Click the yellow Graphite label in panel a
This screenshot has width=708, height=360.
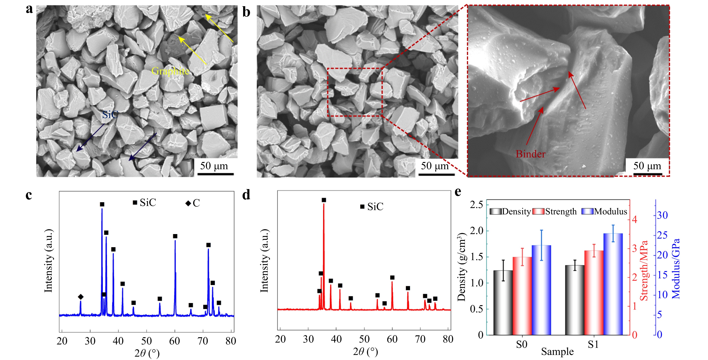(x=170, y=71)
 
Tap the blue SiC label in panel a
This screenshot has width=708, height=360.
(x=110, y=115)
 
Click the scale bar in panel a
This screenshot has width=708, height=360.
(x=215, y=174)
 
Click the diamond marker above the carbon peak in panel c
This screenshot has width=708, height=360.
(x=81, y=297)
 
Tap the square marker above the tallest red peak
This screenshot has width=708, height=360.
(x=324, y=200)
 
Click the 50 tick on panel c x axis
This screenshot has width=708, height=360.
(x=146, y=341)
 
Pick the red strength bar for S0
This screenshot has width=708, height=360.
(x=522, y=296)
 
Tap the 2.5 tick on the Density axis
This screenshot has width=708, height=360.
(x=476, y=205)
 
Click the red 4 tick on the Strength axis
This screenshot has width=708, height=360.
(x=634, y=219)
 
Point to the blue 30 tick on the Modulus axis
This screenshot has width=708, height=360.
(x=662, y=215)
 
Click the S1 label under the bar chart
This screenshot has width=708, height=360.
(x=593, y=344)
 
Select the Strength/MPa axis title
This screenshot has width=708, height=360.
(x=644, y=271)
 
